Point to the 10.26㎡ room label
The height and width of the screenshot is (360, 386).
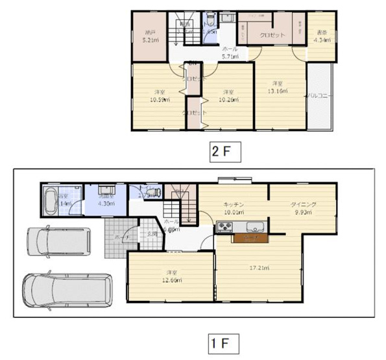tap(228, 96)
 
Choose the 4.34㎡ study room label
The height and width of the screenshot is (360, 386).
tap(322, 37)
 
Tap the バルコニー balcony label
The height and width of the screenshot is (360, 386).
tap(319, 95)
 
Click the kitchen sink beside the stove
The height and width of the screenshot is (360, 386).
tap(254, 227)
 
